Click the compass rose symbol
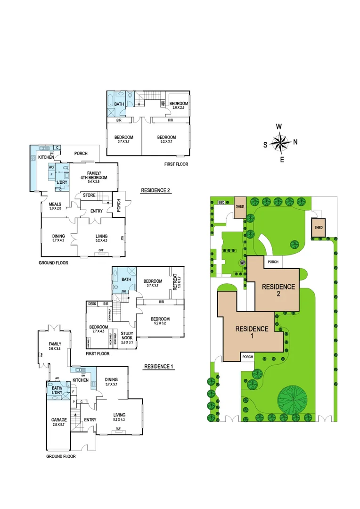[281, 142]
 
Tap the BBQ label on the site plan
[221, 202]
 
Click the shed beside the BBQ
[240, 207]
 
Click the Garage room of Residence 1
[59, 422]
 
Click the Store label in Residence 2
[89, 195]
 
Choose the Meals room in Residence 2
[55, 206]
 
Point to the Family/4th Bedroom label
[98, 175]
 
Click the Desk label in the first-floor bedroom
[92, 304]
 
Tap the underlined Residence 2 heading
[155, 191]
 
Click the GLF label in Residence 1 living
[119, 429]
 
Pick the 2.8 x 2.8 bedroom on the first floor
[179, 106]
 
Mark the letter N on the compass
[295, 142]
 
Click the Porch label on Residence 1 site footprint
[248, 357]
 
